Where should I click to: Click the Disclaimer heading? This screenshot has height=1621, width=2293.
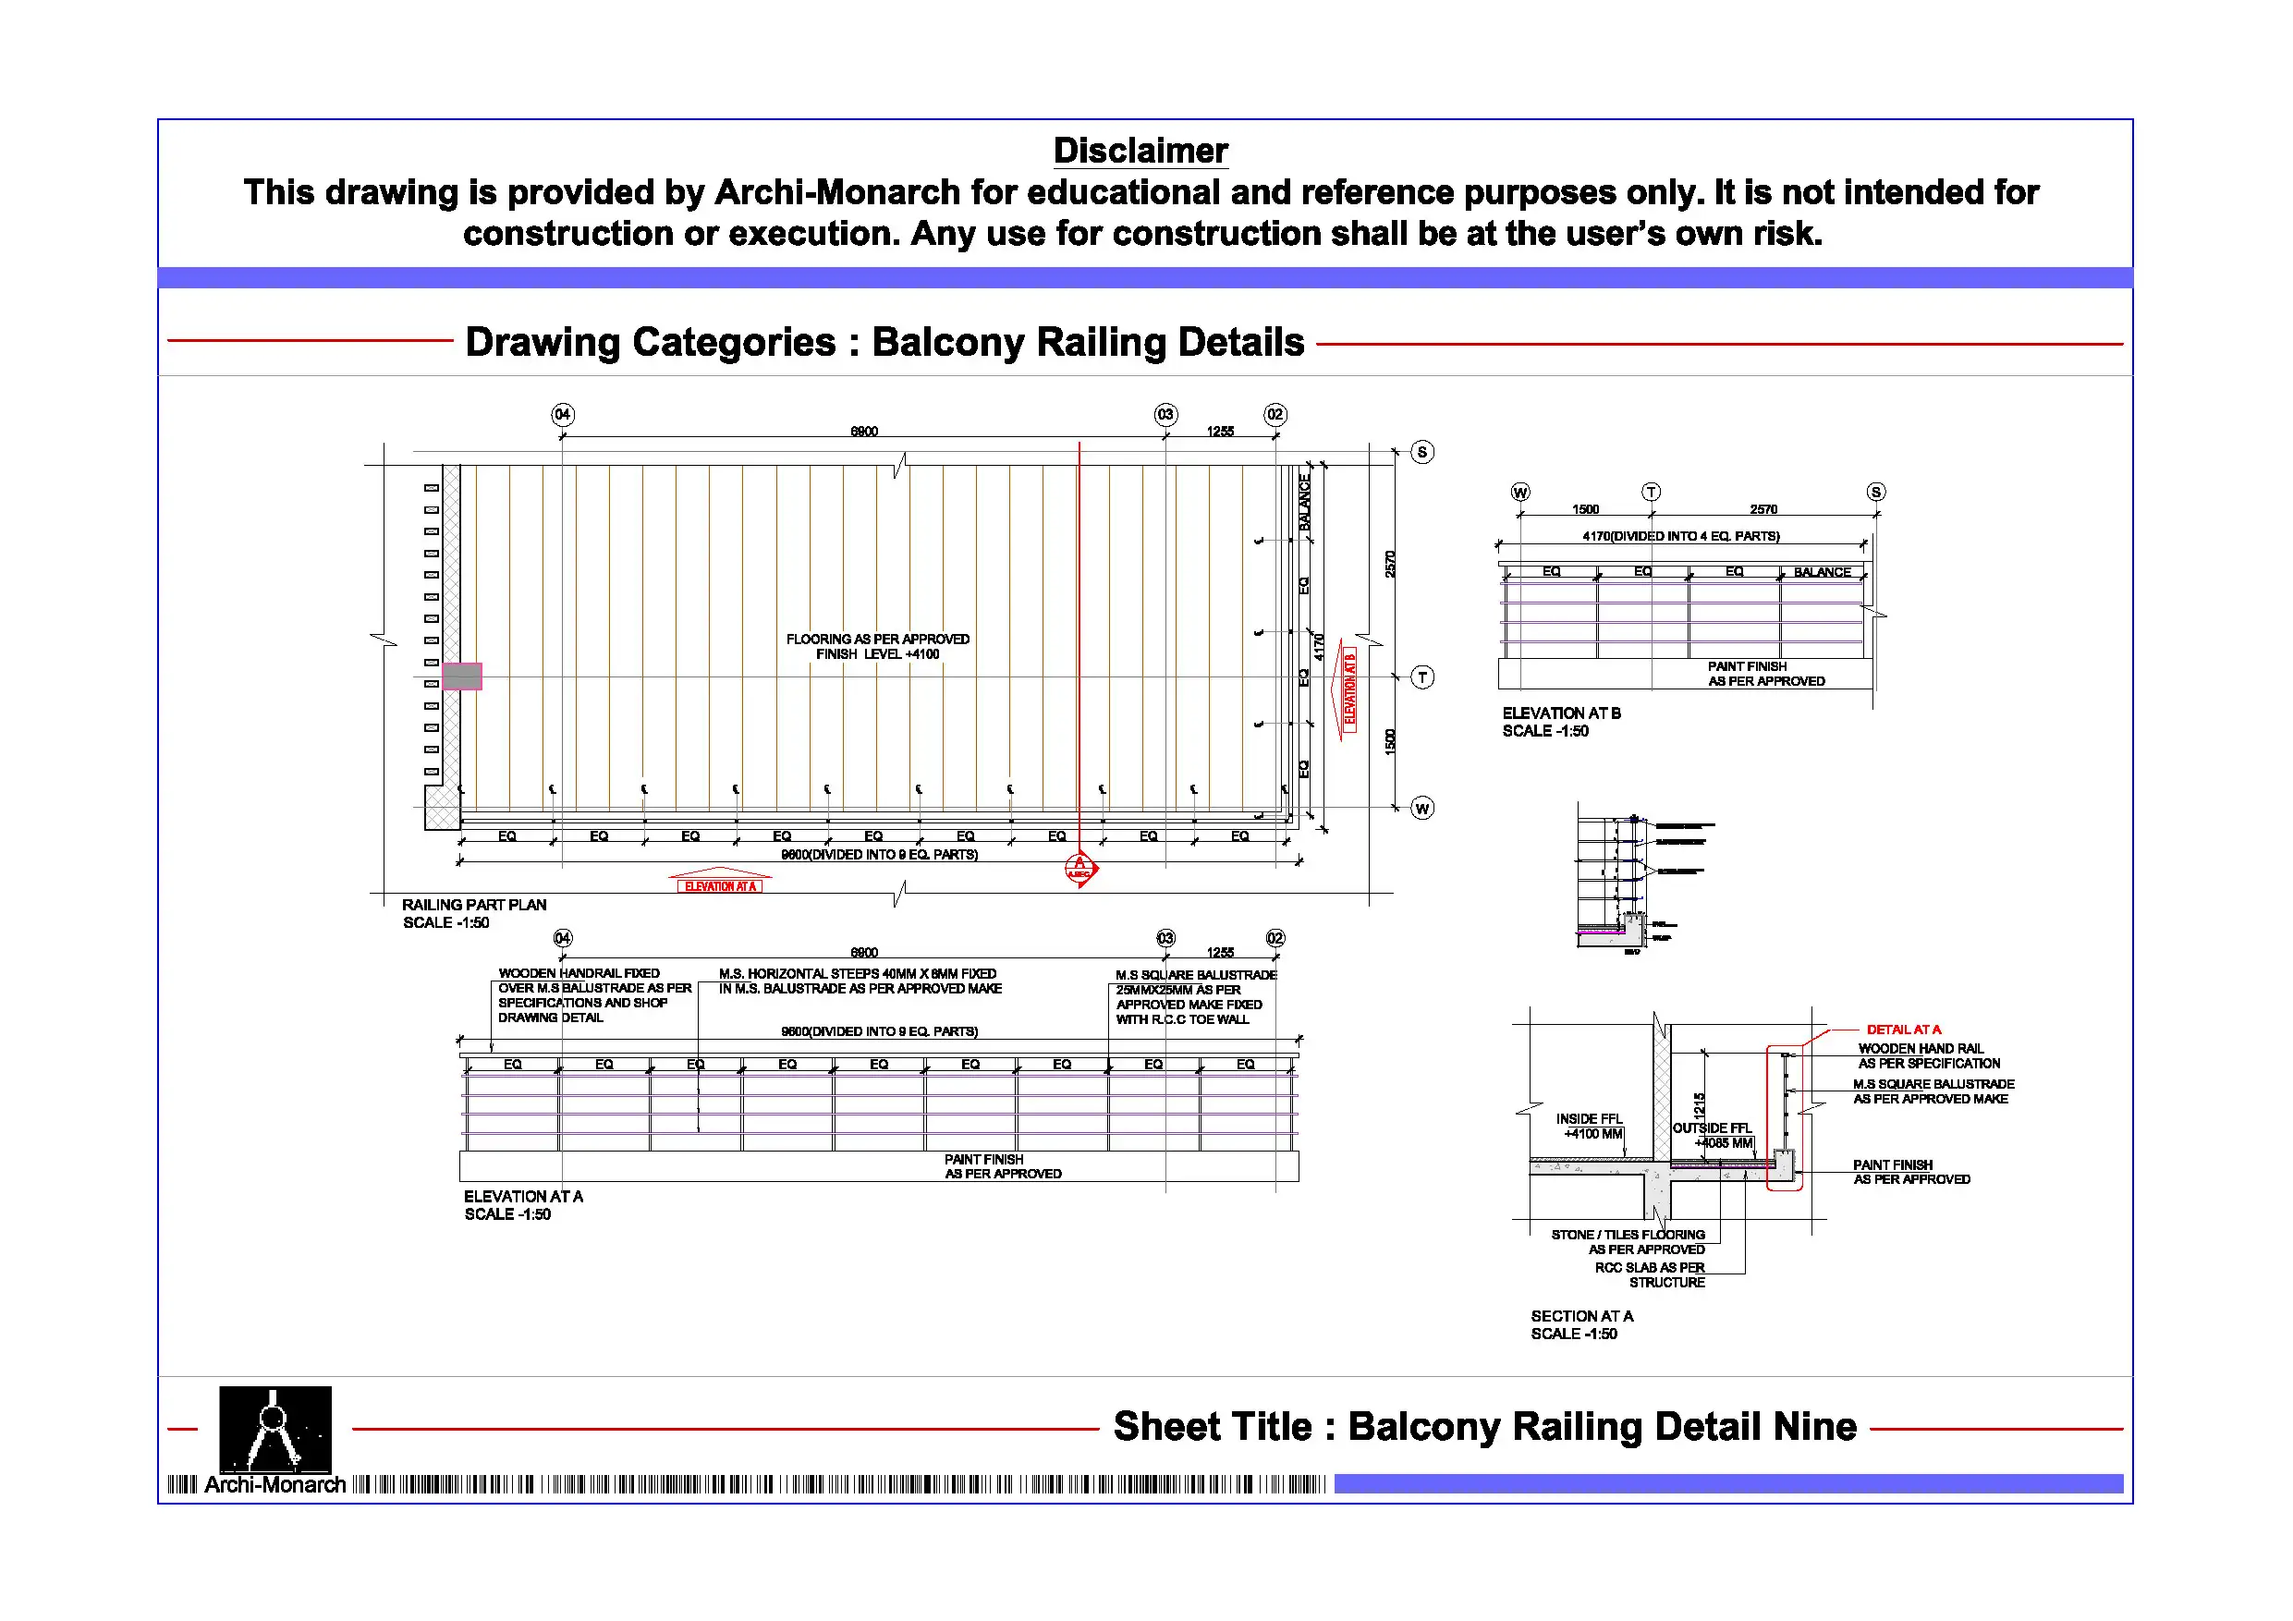click(x=1140, y=151)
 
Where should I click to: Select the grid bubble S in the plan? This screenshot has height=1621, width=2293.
click(x=1422, y=453)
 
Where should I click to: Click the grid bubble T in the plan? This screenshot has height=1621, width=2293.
click(x=1422, y=677)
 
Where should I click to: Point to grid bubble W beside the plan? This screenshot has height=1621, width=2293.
click(x=1422, y=808)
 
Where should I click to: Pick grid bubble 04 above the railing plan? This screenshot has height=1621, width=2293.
click(x=562, y=414)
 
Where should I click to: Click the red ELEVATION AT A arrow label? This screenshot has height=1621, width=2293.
click(x=719, y=886)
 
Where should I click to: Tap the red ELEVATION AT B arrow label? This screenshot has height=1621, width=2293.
click(x=1349, y=689)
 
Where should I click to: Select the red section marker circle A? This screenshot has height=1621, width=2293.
click(x=1079, y=868)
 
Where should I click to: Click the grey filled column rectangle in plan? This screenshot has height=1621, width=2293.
click(x=461, y=676)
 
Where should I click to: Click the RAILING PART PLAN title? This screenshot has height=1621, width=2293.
click(x=473, y=905)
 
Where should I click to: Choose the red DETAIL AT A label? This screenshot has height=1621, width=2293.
click(x=1904, y=1029)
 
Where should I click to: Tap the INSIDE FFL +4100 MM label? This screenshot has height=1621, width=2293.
click(x=1589, y=1126)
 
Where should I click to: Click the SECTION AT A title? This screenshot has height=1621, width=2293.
click(x=1581, y=1316)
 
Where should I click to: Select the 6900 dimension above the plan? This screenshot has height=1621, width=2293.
click(x=864, y=432)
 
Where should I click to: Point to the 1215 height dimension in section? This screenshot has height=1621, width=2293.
click(x=1699, y=1104)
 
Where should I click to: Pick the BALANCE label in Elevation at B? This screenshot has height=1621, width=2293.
click(x=1822, y=572)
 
